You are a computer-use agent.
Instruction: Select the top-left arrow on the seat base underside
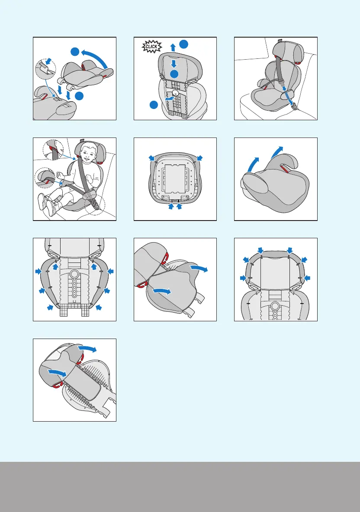[x=151, y=157]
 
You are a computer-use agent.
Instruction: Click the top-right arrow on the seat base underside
[x=199, y=157]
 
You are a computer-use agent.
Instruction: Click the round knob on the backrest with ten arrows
[x=74, y=274]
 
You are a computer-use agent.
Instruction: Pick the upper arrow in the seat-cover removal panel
[x=199, y=269]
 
